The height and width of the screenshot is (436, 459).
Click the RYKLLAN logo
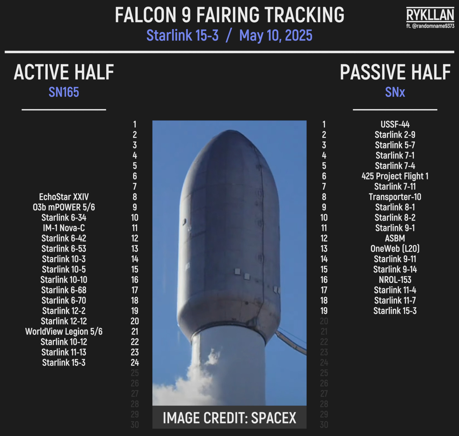coord(430,14)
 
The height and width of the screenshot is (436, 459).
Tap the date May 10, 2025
coord(276,35)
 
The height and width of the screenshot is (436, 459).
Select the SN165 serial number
coord(64,92)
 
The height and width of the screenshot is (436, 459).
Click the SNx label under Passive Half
coord(395,92)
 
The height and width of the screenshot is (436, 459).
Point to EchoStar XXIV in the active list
coord(64,197)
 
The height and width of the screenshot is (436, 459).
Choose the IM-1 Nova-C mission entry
coord(64,228)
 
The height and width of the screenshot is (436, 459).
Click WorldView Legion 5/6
coord(64,332)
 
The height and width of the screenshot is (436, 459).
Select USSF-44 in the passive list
coord(395,124)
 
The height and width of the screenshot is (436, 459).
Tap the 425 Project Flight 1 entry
coord(395,176)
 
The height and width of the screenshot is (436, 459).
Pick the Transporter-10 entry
coord(395,197)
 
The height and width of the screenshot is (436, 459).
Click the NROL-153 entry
coord(395,280)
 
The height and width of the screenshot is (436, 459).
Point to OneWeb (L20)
coord(395,249)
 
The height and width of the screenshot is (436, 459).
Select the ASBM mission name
coord(395,238)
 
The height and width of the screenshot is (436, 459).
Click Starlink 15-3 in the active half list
coord(64,363)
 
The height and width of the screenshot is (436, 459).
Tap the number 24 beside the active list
coord(135,363)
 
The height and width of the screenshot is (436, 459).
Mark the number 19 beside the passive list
coord(324,311)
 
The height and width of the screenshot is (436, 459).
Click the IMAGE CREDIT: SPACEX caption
coord(229,418)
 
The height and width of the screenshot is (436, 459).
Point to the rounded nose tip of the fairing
coord(230,131)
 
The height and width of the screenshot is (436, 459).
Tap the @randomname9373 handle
coord(430,26)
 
